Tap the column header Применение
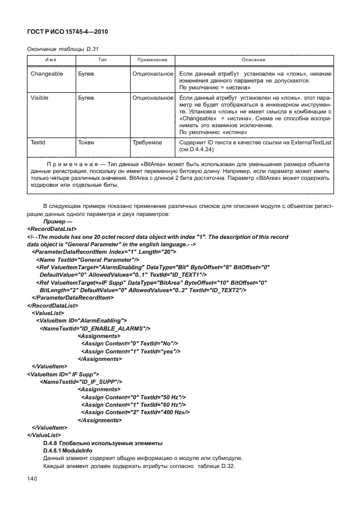[152, 60]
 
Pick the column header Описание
[253, 60]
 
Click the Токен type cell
[87, 140]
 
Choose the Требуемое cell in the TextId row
[148, 140]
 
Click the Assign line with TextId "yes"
[131, 351]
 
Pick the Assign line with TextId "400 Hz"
[136, 411]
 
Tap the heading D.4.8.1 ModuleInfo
[68, 450]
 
